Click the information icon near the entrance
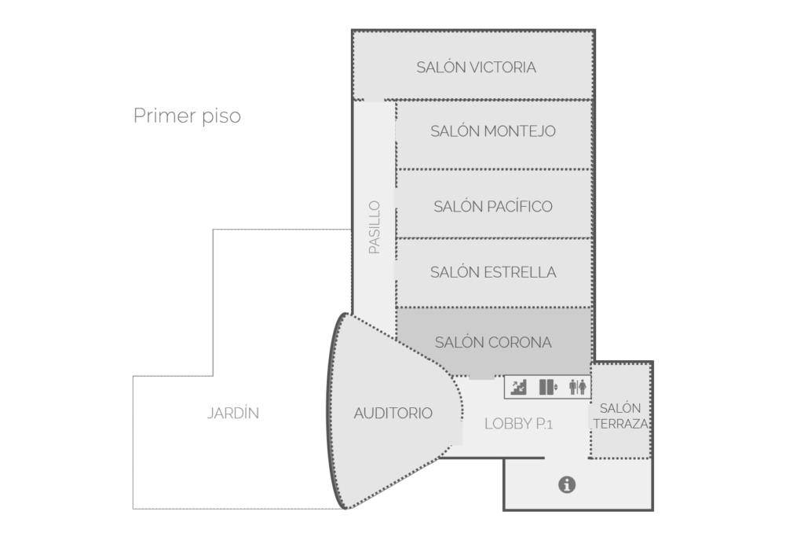[x=566, y=484]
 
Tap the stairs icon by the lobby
[x=519, y=387]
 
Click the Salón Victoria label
[x=476, y=67]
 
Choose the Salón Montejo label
[x=492, y=131]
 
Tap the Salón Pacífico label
[x=492, y=206]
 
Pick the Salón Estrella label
[x=492, y=272]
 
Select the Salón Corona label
[x=492, y=342]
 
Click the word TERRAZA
[x=620, y=424]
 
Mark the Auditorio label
[x=393, y=413]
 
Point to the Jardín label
[x=233, y=413]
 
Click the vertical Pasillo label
[x=375, y=227]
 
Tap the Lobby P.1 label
[x=519, y=424]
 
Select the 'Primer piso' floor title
[x=187, y=116]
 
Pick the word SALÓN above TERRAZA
[x=620, y=408]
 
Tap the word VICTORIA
[x=502, y=67]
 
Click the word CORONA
[x=520, y=342]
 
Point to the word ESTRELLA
[x=521, y=272]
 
